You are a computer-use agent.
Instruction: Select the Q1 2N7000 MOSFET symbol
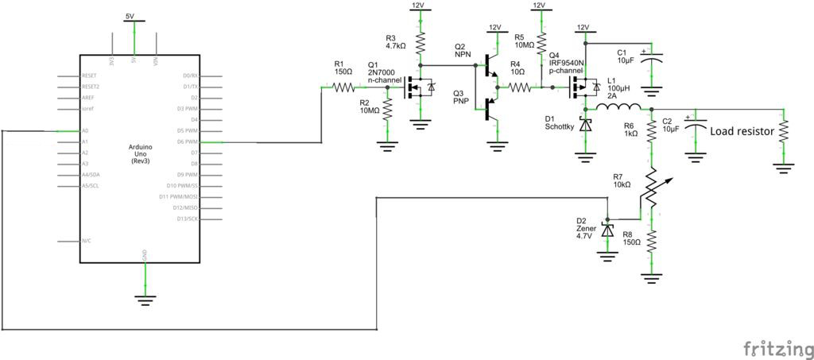(x=418, y=87)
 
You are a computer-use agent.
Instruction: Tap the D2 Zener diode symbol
(x=607, y=230)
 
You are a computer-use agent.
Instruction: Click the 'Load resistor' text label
(x=741, y=132)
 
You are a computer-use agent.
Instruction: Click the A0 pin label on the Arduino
(x=85, y=131)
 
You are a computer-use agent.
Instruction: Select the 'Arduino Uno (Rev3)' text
(x=140, y=154)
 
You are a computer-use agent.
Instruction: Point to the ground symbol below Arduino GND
(x=145, y=298)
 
